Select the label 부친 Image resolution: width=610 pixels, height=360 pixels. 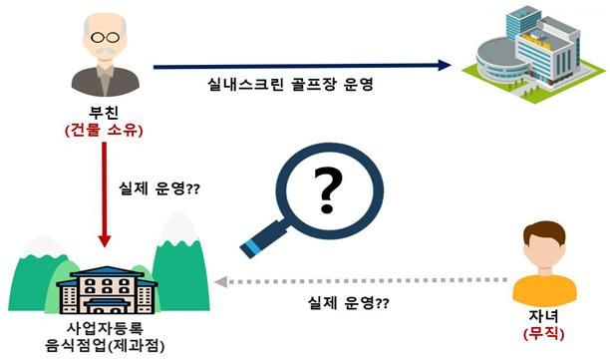105,112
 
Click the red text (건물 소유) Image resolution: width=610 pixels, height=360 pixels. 105,130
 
